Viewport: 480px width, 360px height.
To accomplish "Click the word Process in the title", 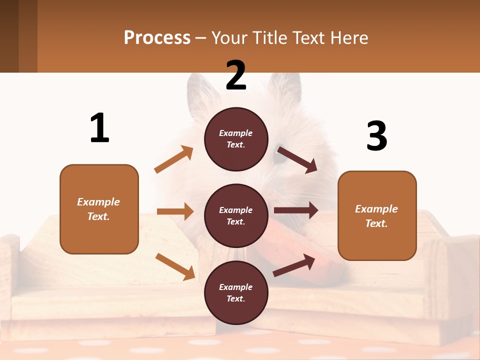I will (157, 37).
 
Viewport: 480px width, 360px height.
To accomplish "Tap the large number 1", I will (99, 128).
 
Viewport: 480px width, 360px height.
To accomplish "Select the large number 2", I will (236, 75).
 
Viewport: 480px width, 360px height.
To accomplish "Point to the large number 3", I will (376, 136).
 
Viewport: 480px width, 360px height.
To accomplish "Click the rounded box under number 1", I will (99, 209).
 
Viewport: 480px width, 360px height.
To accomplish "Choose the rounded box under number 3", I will (377, 215).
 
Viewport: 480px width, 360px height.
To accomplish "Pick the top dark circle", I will (236, 139).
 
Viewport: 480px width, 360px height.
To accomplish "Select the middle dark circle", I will (236, 215).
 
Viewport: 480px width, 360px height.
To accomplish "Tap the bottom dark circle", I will (236, 292).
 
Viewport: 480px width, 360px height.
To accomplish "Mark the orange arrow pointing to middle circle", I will (175, 211).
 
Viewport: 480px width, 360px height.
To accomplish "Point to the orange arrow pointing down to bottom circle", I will (175, 266).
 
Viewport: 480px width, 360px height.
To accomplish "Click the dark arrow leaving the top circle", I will (297, 159).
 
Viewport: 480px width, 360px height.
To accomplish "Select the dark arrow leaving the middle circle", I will (296, 210).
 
